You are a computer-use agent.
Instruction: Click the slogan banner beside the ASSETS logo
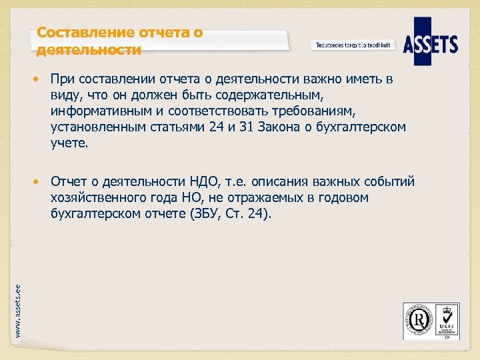tap(353, 45)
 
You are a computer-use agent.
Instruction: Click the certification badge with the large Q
tap(417, 320)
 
